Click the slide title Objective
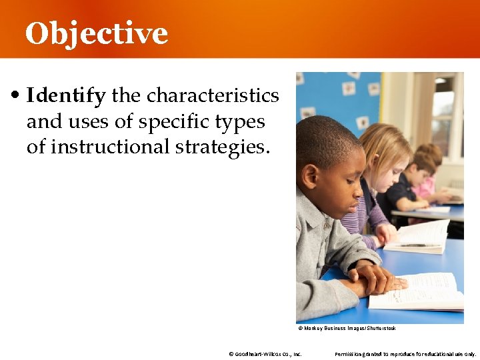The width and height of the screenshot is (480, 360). pos(97,33)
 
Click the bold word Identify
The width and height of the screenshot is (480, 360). pos(66,96)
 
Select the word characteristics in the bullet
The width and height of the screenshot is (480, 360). pos(213,96)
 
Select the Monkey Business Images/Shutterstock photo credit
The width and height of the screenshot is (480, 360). pos(347,328)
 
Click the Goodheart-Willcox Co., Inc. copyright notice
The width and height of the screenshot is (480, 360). pos(265,354)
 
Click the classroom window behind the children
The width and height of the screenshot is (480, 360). pos(443,113)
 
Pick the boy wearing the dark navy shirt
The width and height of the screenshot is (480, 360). pos(403,190)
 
